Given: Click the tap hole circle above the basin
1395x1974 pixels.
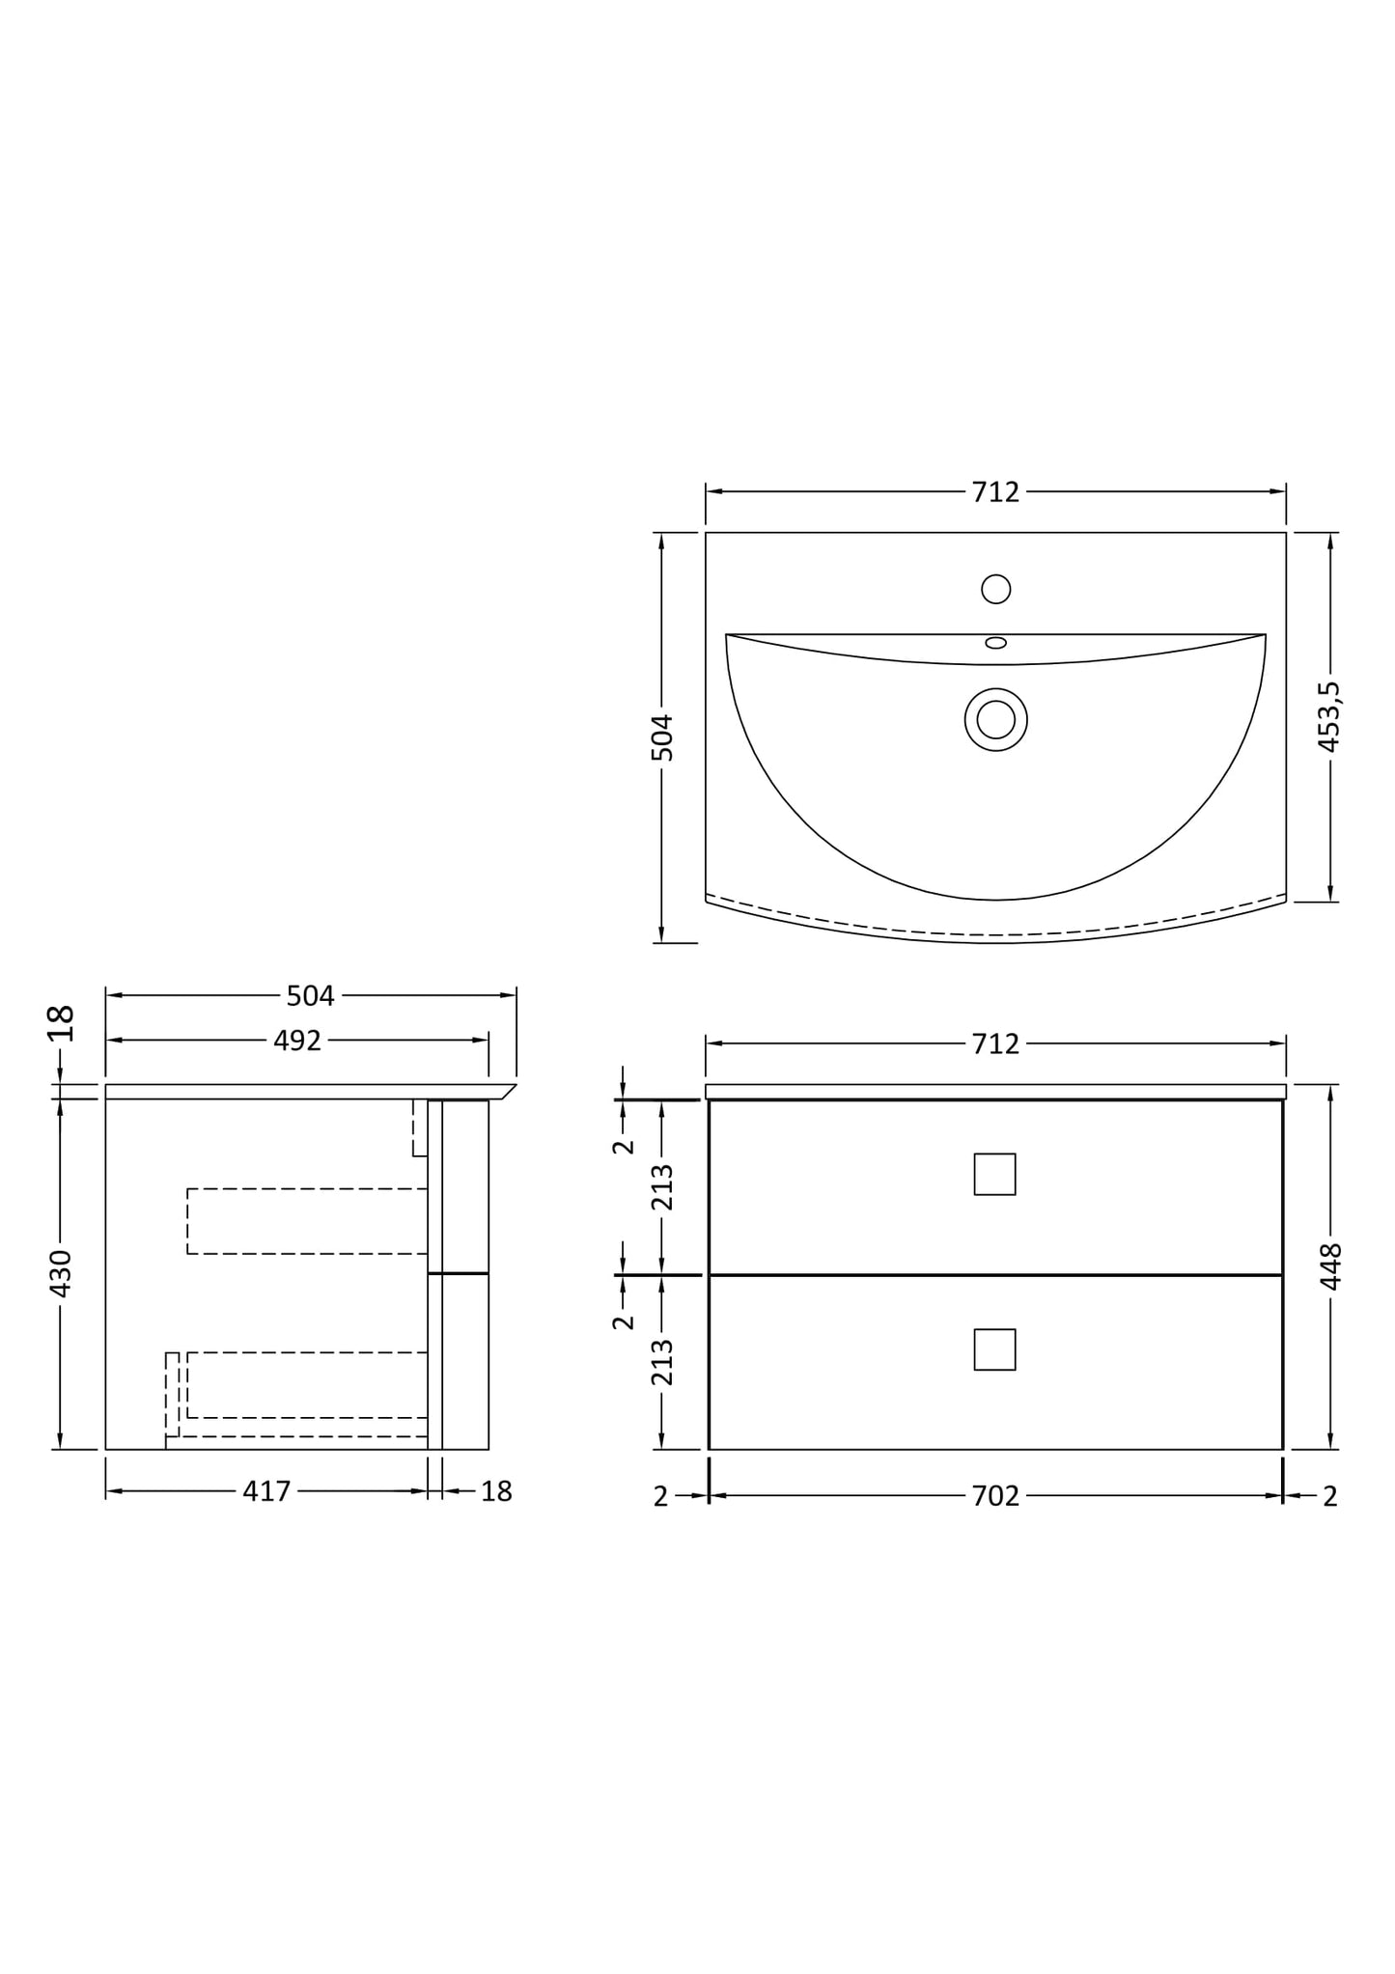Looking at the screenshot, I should [x=995, y=589].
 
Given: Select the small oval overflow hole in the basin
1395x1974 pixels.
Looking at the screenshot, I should [x=995, y=643].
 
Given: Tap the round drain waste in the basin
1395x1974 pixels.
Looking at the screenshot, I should [x=995, y=719].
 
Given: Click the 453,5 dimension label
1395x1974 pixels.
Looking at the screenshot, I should [x=1329, y=716].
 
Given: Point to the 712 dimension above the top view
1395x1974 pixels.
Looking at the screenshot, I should [x=995, y=492].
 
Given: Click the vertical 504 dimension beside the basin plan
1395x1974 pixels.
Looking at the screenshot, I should [x=661, y=737].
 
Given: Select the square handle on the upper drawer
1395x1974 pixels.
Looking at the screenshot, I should [x=994, y=1174].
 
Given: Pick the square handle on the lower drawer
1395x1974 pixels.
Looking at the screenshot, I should [x=994, y=1349].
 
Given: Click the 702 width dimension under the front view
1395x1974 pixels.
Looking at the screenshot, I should [x=995, y=1496].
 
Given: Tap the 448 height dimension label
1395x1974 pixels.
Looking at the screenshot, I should [x=1330, y=1266].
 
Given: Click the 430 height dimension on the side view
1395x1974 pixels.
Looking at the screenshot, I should [x=60, y=1273].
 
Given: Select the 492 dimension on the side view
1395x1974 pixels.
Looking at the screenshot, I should [x=296, y=1041].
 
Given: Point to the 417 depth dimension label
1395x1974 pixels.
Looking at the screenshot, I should [x=266, y=1491].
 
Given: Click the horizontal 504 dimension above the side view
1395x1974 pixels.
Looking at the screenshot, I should [x=310, y=995].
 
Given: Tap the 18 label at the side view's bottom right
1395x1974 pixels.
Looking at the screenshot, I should [x=496, y=1491].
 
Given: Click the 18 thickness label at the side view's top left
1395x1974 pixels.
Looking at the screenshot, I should [x=61, y=1023].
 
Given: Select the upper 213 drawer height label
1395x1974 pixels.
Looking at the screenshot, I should [x=662, y=1187].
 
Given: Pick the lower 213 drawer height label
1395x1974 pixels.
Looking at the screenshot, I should [x=662, y=1362].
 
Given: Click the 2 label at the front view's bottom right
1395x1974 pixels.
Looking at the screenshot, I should [x=1329, y=1496].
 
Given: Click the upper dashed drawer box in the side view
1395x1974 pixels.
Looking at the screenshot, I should [x=307, y=1221].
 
